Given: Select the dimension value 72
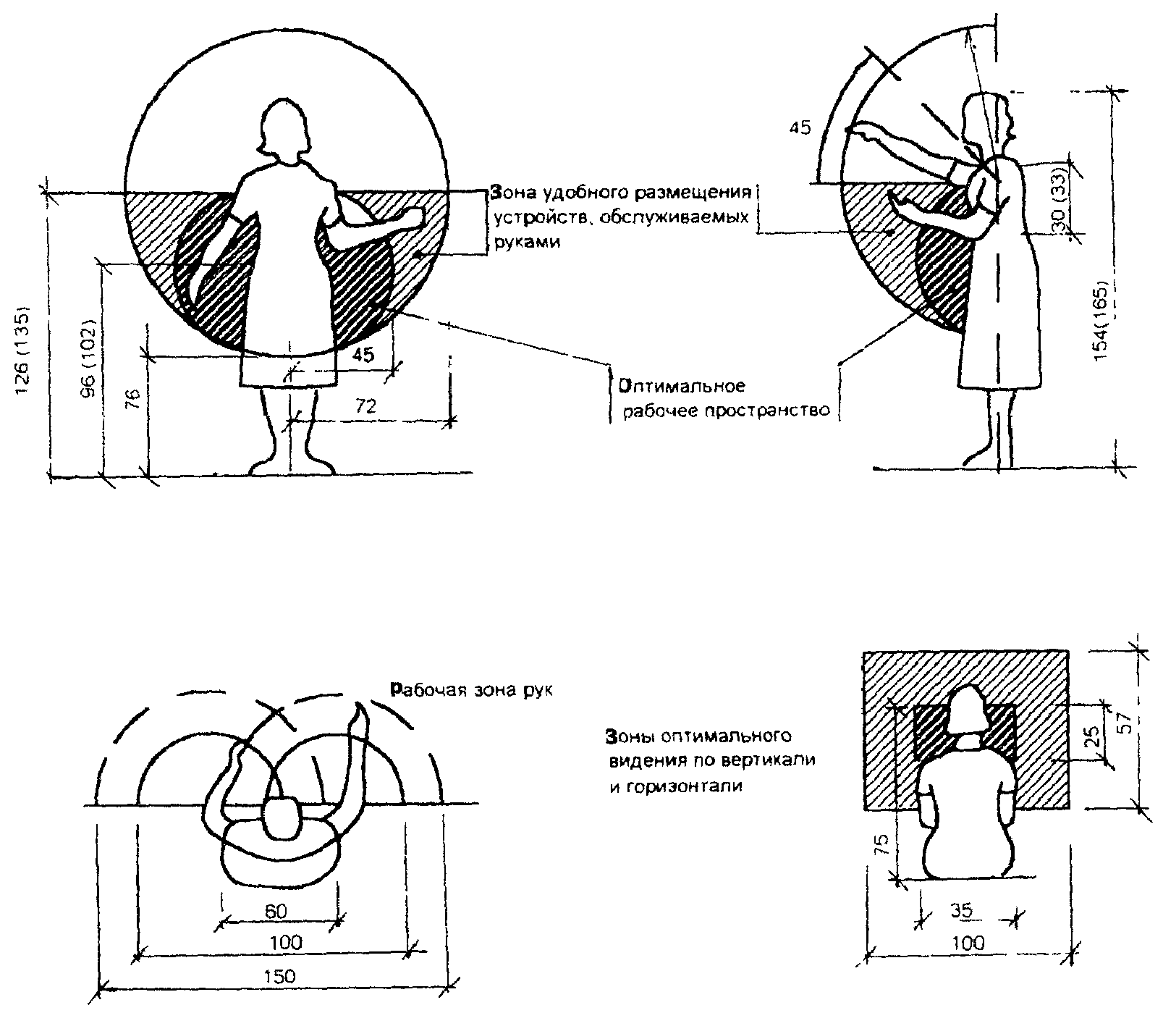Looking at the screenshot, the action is (366, 407).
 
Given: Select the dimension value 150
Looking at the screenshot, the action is (279, 975).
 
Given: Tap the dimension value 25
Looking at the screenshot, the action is (1094, 736).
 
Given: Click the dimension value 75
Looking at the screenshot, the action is (881, 845).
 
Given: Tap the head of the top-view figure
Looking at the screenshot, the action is (281, 817).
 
